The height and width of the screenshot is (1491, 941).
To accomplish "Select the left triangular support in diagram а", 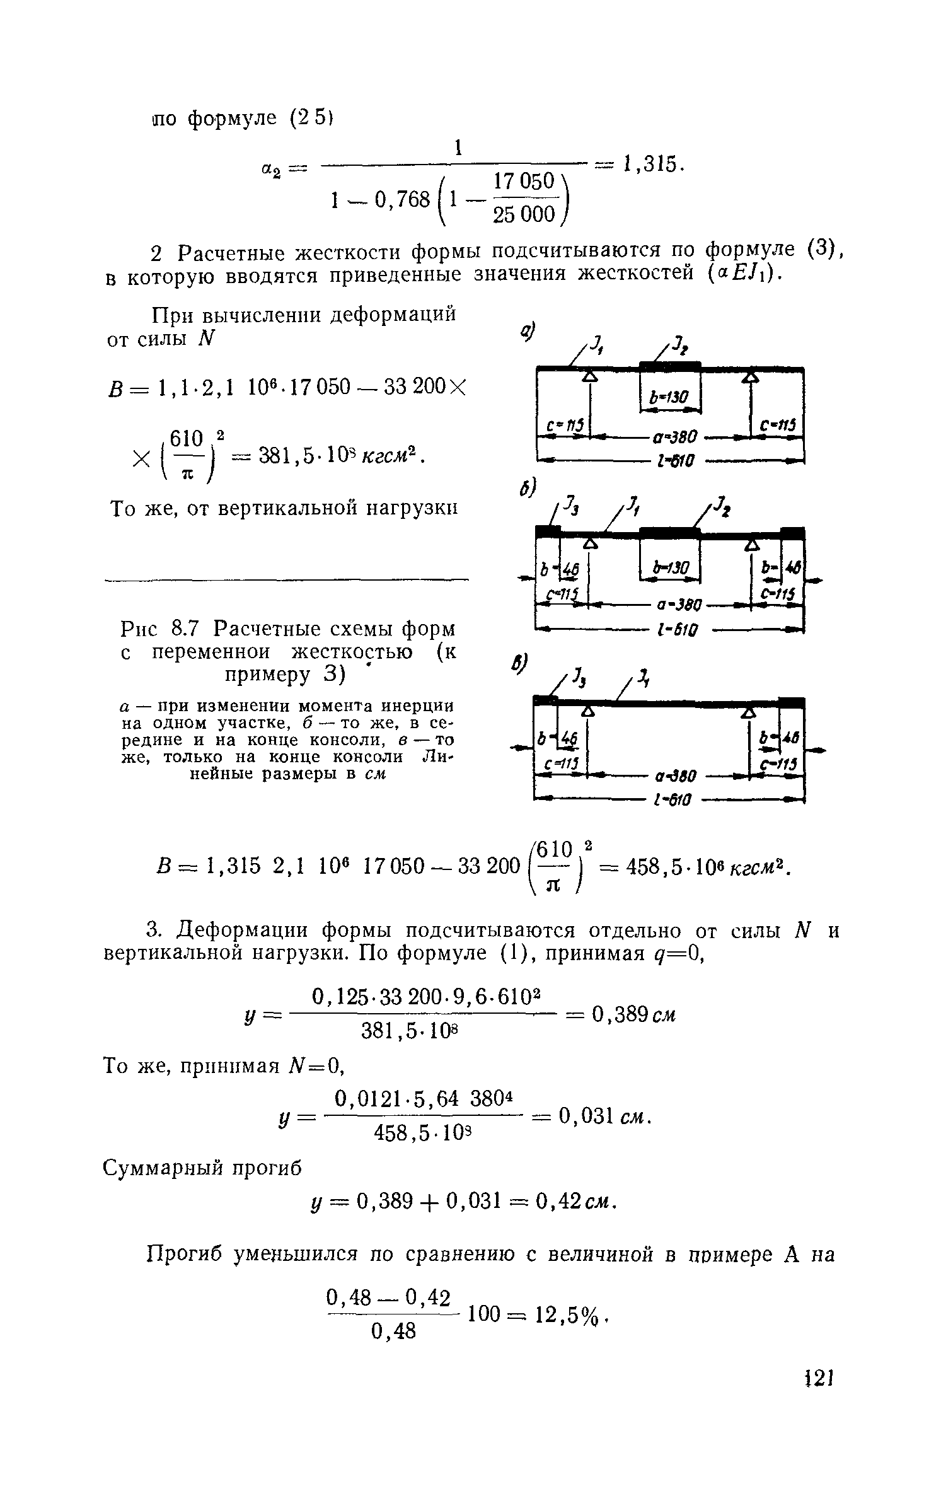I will coord(589,376).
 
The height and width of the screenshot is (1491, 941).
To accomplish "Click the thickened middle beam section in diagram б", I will coord(670,531).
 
